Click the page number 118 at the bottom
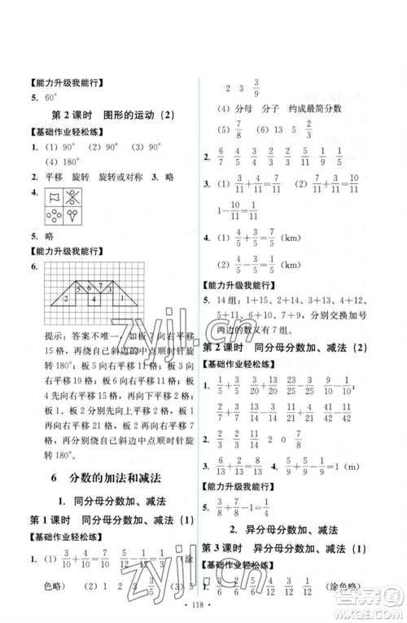coord(203,607)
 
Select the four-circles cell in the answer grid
coord(55,216)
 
